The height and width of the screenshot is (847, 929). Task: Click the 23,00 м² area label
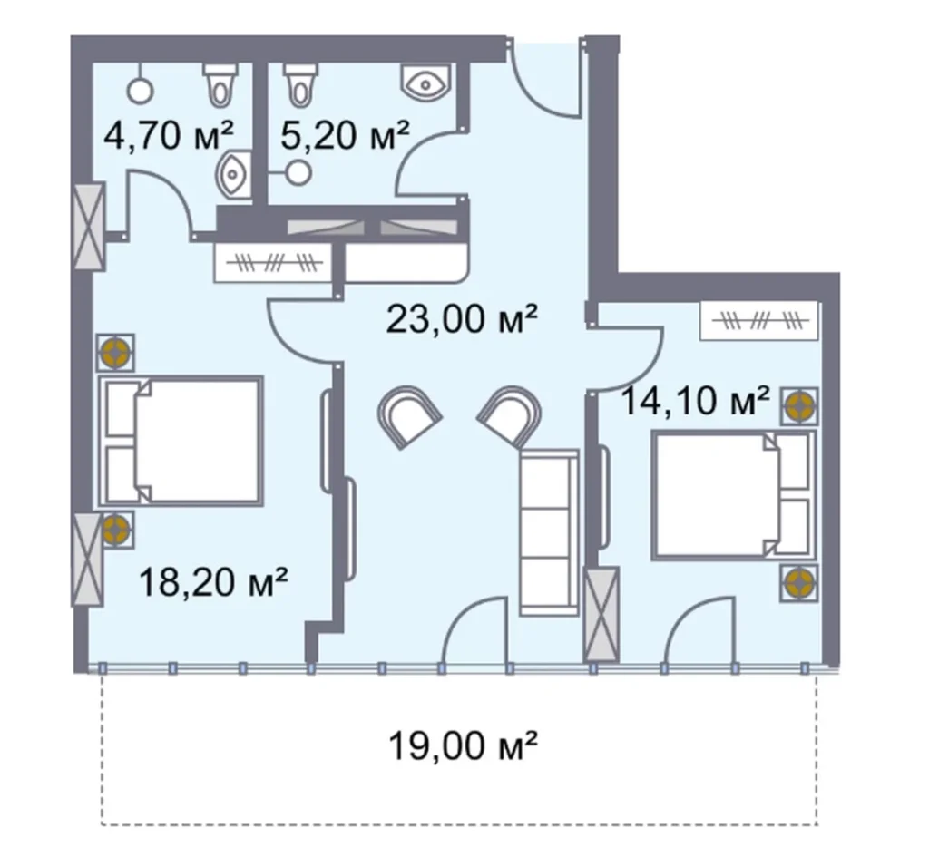click(x=463, y=319)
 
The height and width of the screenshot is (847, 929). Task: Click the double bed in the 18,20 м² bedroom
click(x=181, y=442)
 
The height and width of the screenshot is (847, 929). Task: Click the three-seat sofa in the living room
click(x=549, y=533)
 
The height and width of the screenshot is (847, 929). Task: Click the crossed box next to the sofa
click(x=601, y=614)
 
